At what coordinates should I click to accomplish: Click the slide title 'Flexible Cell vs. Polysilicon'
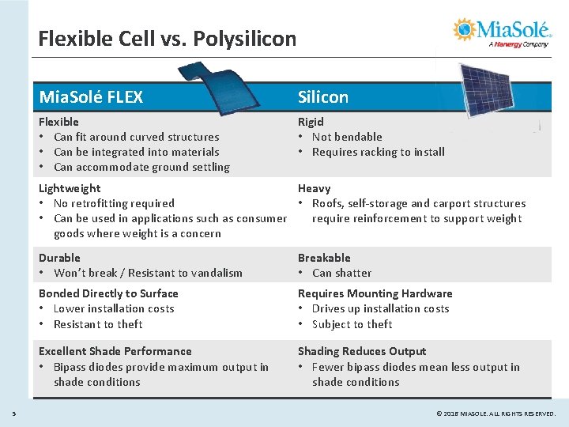tap(167, 38)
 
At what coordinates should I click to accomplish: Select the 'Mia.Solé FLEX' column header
tap(91, 97)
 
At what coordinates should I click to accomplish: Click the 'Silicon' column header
tap(322, 97)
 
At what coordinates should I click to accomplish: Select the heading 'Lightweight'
tap(70, 188)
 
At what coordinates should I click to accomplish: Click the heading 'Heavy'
tap(314, 188)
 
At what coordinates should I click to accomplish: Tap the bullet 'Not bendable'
tap(347, 137)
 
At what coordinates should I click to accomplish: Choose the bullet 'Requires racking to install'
tap(378, 152)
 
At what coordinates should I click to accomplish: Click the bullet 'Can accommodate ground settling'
tap(141, 167)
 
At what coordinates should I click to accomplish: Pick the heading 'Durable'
tap(59, 258)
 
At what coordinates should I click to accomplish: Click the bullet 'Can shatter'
tap(341, 273)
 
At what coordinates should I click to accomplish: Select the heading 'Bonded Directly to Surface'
tap(108, 293)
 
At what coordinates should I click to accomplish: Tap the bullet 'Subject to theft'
tap(352, 324)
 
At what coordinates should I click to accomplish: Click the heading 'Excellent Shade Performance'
tap(115, 351)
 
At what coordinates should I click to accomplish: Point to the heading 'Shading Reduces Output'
tap(361, 351)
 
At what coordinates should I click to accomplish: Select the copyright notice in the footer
tap(496, 413)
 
